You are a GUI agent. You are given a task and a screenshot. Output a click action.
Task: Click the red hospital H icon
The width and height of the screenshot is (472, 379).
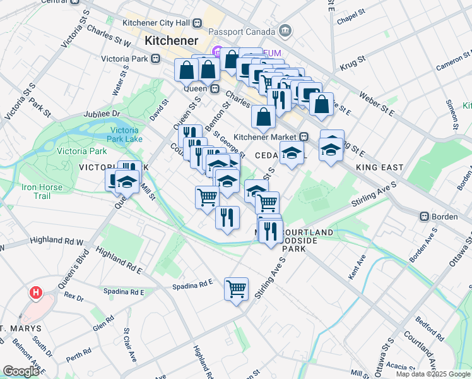coord(37,293)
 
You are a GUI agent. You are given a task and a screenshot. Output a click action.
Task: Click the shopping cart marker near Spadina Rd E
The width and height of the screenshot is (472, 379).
coord(236,290)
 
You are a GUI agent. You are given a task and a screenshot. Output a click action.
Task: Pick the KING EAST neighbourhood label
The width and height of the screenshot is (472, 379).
coord(379,167)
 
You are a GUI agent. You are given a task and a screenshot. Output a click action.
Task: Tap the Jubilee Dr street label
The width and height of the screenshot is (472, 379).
coord(102,114)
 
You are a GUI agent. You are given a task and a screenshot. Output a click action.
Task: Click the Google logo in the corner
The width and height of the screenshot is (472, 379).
coord(21,371)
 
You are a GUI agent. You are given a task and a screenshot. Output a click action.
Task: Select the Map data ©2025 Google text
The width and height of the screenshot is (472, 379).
coord(432,374)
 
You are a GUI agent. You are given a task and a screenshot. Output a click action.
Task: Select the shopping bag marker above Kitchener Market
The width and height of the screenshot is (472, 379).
coord(263,117)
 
